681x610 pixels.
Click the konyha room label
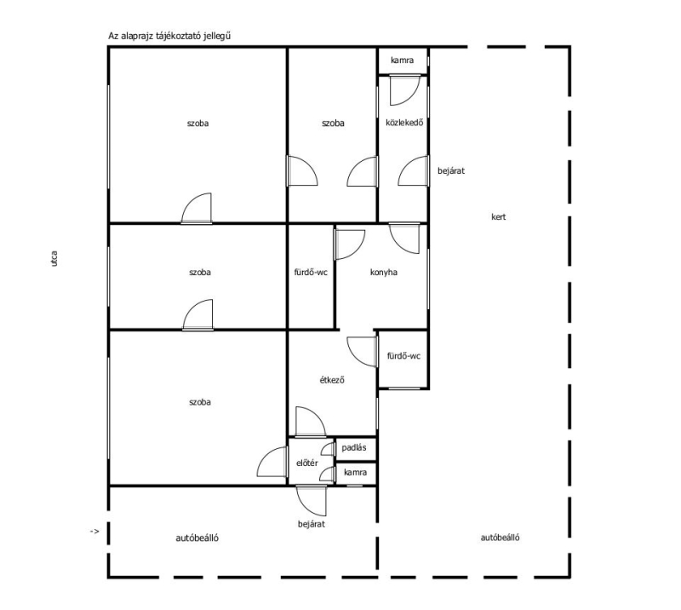pos(384,273)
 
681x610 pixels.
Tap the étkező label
pos(332,380)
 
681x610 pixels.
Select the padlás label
pos(354,447)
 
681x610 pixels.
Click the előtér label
pos(307,463)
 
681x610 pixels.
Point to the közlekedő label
pos(404,123)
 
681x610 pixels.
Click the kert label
pos(499,216)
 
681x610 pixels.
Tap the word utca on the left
pos(54,258)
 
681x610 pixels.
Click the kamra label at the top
pos(402,60)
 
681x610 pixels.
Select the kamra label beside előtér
pos(355,472)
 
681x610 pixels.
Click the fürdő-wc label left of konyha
pos(311,273)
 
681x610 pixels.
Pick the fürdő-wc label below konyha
pos(403,356)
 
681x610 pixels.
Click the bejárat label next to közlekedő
pos(451,171)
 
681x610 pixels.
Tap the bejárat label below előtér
pos(312,524)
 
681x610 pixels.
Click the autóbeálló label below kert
pos(500,538)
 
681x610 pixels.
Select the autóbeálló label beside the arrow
pos(197,538)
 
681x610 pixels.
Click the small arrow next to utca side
pos(94,532)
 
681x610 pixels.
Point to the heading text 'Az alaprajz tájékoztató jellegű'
pos(169,36)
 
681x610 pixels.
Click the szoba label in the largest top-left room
pos(197,123)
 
